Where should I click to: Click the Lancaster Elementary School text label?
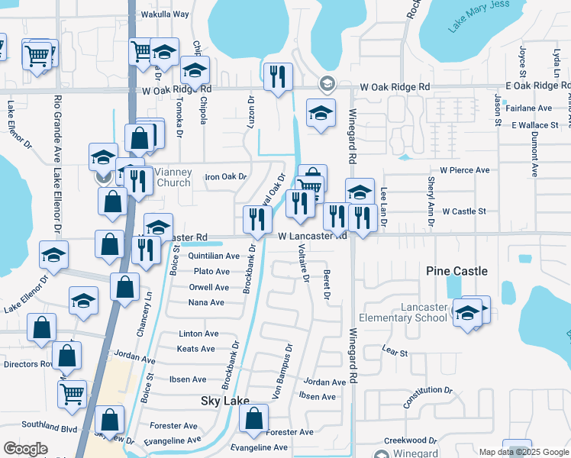coord(404,311)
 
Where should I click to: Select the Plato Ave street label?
coord(211,272)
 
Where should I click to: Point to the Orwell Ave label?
coord(209,288)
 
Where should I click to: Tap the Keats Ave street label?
coord(196,349)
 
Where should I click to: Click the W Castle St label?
coord(464,211)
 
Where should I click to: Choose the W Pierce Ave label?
coord(464,170)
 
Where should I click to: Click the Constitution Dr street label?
coord(428,402)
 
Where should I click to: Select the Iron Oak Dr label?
coord(226,177)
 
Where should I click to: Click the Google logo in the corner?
coord(25,449)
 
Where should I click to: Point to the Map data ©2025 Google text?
coord(524,451)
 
